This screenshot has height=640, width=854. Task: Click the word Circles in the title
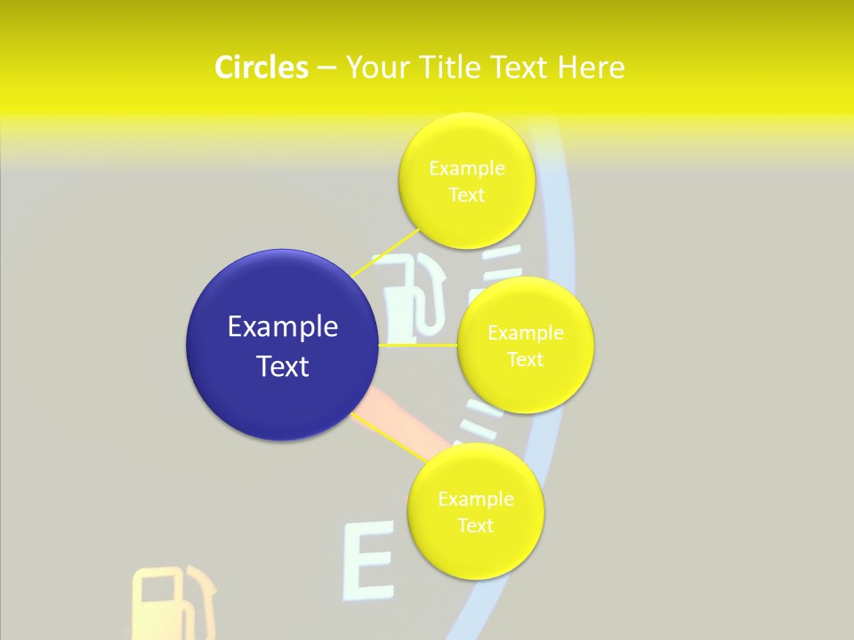click(x=261, y=68)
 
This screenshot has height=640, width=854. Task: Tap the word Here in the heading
click(x=591, y=68)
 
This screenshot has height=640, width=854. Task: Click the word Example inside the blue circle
click(x=283, y=327)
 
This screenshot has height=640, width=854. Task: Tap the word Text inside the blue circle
click(x=283, y=366)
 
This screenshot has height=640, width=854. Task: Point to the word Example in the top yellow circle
click(x=467, y=168)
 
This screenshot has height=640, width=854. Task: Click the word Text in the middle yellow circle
click(x=525, y=359)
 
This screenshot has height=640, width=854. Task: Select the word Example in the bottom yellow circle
click(x=476, y=499)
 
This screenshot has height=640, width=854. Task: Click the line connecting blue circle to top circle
click(x=384, y=253)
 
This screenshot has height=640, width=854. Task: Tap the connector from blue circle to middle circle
click(x=418, y=344)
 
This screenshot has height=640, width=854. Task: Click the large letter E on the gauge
click(x=368, y=563)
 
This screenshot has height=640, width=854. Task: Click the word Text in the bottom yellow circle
click(x=475, y=525)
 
